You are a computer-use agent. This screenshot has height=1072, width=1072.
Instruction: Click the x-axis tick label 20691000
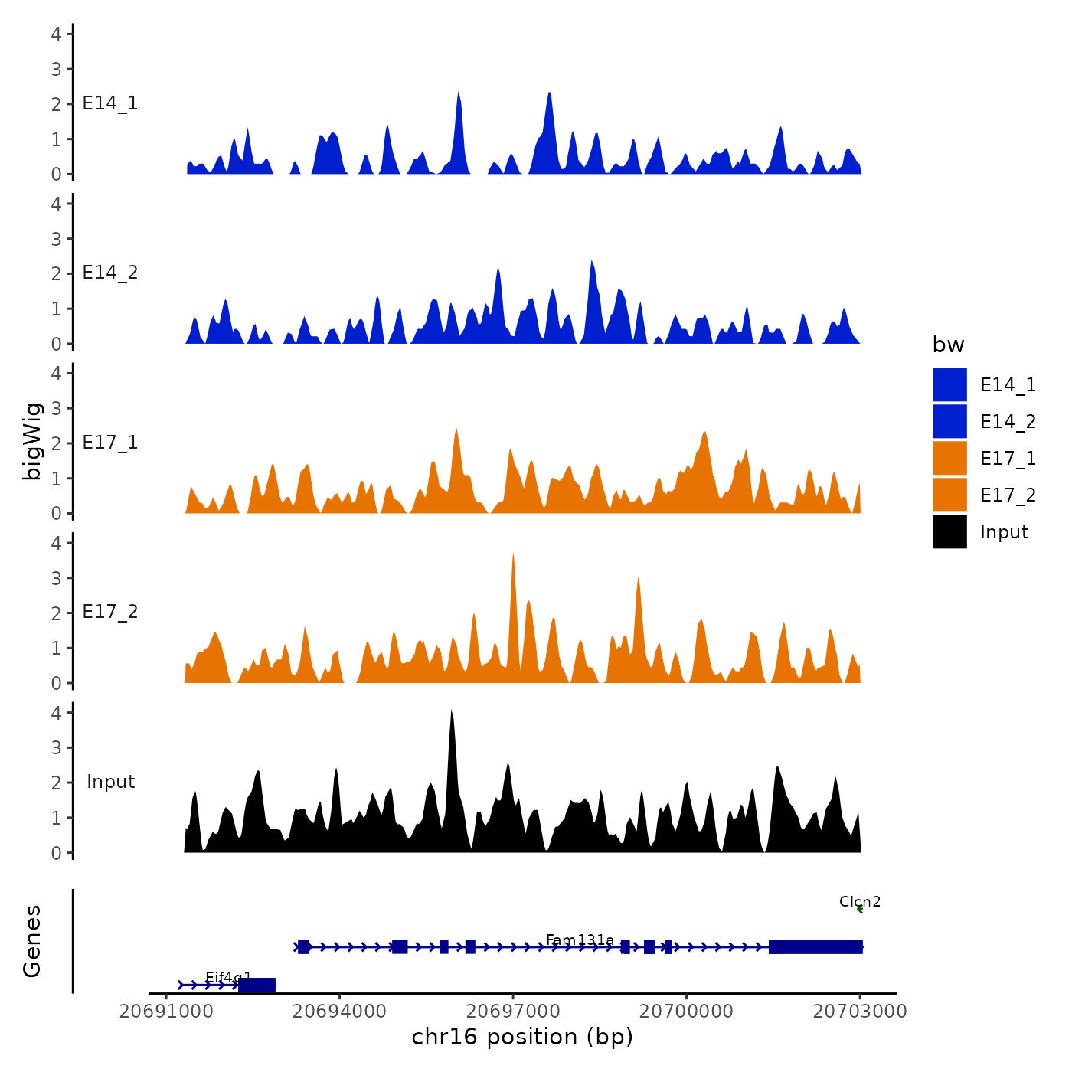point(166,1011)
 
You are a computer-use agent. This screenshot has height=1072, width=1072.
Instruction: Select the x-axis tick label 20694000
point(339,1011)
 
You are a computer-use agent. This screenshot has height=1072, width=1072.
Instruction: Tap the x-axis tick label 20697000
point(513,1011)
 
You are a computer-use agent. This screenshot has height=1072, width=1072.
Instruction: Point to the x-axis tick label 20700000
point(686,1011)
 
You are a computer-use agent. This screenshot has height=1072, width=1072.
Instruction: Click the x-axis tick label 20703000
point(859,1011)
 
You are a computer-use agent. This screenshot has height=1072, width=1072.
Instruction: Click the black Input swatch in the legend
point(949,531)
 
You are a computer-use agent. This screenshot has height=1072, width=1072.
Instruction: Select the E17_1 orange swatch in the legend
point(949,458)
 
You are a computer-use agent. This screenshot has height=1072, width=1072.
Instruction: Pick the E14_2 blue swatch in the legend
point(949,421)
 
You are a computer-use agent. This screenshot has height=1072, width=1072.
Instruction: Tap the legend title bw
point(948,345)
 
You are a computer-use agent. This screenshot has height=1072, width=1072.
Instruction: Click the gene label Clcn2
point(860,901)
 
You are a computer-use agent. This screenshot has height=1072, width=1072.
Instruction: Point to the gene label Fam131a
point(580,940)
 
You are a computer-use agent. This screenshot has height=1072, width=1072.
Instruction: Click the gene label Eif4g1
point(228,977)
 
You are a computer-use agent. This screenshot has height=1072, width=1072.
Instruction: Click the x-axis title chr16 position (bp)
point(522,1037)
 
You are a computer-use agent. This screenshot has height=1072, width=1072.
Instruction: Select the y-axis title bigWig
point(32,441)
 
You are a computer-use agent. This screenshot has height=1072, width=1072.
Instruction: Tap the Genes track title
point(32,941)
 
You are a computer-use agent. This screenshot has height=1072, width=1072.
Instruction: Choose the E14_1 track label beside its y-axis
point(110,103)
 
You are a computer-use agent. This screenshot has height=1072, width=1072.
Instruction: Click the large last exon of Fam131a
point(815,947)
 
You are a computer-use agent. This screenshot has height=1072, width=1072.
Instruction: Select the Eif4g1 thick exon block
point(257,985)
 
